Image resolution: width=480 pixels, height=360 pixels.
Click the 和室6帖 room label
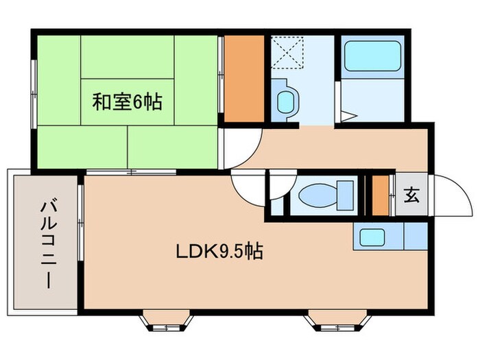pos(128,104)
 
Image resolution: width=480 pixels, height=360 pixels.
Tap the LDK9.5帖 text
pos(219,252)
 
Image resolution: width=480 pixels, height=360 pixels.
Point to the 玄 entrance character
pos(411,195)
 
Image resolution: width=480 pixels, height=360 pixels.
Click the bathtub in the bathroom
pos(372,56)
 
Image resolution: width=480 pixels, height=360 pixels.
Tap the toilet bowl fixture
pos(321,195)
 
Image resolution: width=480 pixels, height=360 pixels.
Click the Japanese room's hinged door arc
pos(243,146)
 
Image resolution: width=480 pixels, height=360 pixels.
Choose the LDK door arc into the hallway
pos(247,185)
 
